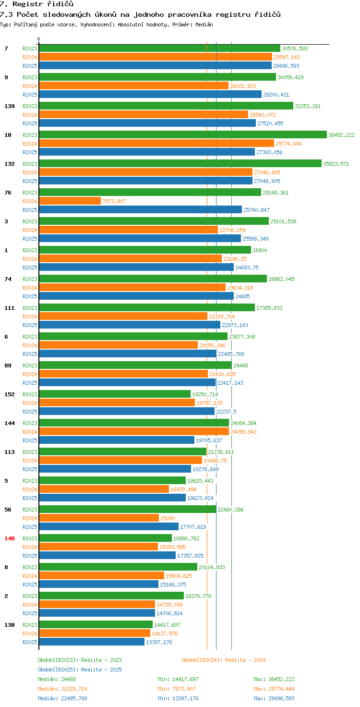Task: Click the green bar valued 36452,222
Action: tap(183, 135)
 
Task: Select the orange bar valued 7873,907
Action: tap(70, 201)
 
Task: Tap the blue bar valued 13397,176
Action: tap(92, 642)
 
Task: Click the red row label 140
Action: tap(10, 538)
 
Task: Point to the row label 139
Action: tap(10, 106)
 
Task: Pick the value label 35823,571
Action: tap(336, 164)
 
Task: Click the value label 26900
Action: tap(260, 250)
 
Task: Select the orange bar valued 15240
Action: tap(99, 518)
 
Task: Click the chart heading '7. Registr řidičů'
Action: tap(36, 4)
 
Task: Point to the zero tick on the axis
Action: tap(39, 39)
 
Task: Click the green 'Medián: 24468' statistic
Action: tap(57, 679)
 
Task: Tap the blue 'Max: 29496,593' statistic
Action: tap(274, 698)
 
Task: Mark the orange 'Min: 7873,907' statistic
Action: tap(178, 689)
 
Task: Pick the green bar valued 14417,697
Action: tap(96, 625)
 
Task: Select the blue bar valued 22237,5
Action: tap(127, 412)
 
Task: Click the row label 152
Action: tap(10, 394)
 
